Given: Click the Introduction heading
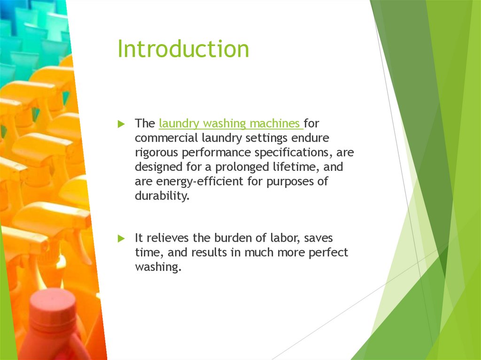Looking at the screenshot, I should pyautogui.click(x=183, y=49).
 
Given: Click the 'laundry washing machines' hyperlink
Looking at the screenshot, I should pyautogui.click(x=230, y=124).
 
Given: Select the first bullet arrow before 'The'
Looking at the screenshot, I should pyautogui.click(x=121, y=124).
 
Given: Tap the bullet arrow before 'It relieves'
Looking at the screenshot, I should pyautogui.click(x=121, y=238).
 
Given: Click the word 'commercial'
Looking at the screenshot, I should pyautogui.click(x=166, y=138).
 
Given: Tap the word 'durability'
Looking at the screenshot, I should pyautogui.click(x=162, y=196).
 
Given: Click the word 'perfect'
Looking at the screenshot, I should pyautogui.click(x=328, y=253).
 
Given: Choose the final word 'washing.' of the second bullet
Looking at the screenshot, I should pyautogui.click(x=157, y=267).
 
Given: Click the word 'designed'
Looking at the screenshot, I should pyautogui.click(x=159, y=167).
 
